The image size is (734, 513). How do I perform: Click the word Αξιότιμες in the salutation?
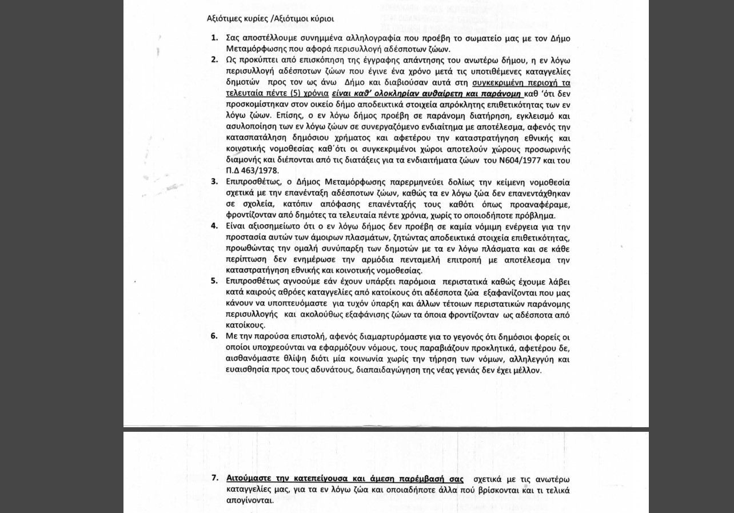[x=223, y=18]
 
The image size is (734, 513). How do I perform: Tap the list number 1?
[x=214, y=38]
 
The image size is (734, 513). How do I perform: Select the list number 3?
[x=214, y=182]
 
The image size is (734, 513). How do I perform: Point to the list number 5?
[x=214, y=281]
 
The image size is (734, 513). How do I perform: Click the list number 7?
[x=214, y=478]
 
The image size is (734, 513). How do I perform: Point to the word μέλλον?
[x=525, y=370]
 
